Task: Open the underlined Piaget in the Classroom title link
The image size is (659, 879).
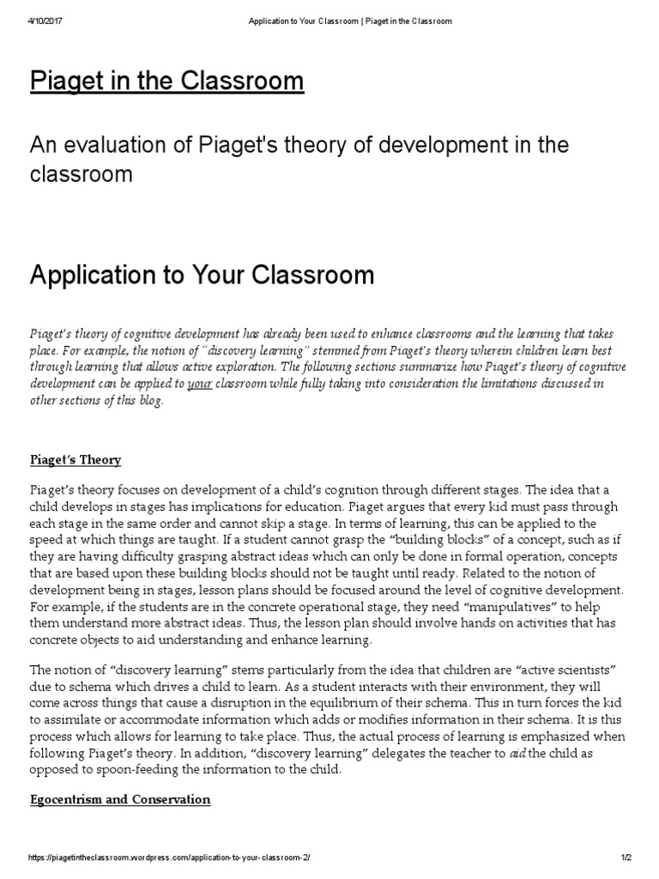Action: click(x=166, y=82)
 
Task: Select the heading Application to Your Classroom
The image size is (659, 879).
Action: click(x=202, y=275)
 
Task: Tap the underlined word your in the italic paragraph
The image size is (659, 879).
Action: click(x=199, y=384)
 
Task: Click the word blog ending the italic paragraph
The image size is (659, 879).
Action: click(x=147, y=401)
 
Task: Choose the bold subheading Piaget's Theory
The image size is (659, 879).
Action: click(x=76, y=459)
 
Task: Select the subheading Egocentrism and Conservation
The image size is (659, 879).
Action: click(x=120, y=799)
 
